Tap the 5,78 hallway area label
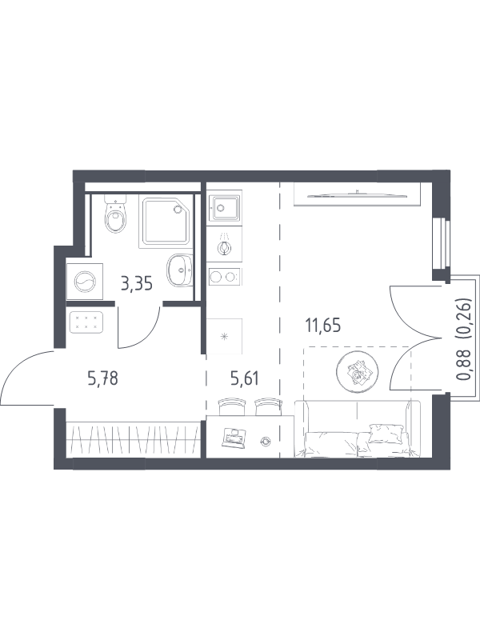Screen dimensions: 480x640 (103, 378)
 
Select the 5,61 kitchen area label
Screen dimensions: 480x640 (245, 378)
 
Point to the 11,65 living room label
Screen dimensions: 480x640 (323, 326)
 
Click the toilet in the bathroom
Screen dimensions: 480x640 (115, 214)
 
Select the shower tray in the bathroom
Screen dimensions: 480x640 (166, 222)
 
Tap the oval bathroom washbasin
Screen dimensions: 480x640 (179, 270)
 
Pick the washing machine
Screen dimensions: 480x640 (85, 282)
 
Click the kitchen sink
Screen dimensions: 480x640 (225, 208)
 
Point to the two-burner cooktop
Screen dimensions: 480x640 (225, 277)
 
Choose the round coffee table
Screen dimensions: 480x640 (357, 371)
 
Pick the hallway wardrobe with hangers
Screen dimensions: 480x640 (133, 439)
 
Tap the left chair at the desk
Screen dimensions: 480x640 (233, 407)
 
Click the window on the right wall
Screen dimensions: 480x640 (442, 244)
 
